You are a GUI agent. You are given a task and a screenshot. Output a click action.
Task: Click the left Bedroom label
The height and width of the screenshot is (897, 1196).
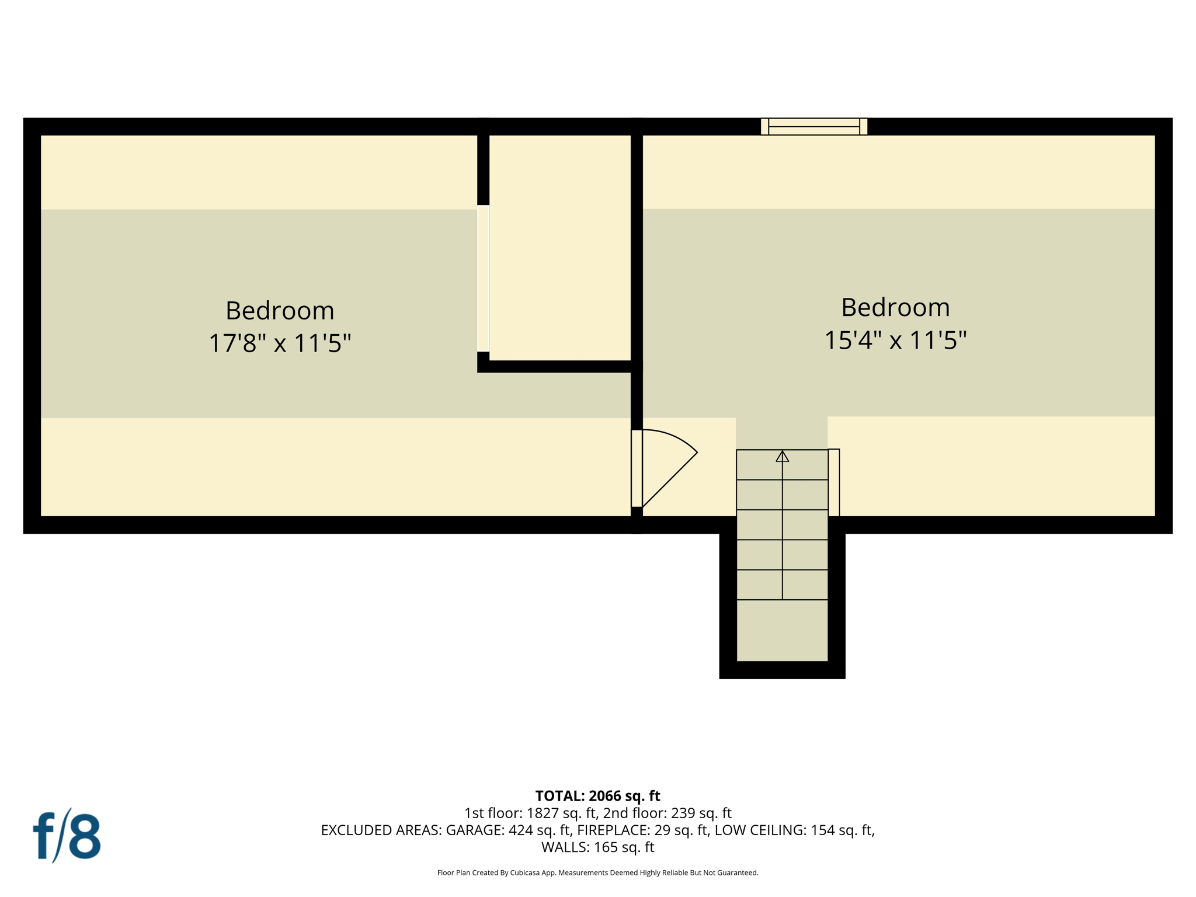coord(280,310)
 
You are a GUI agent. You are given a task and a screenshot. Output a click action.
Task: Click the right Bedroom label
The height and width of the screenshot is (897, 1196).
coord(895,307)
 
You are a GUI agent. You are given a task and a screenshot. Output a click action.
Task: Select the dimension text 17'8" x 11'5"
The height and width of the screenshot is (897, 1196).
coord(280,343)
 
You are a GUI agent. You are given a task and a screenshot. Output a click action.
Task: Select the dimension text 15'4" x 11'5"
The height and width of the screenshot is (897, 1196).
coord(895,340)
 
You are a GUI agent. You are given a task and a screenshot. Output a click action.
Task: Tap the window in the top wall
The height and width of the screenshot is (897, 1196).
coord(813,126)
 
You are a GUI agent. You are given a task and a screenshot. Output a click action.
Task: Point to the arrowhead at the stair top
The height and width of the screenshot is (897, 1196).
coord(782,457)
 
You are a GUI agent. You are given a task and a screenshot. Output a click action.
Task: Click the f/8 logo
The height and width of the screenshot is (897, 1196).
coord(67,836)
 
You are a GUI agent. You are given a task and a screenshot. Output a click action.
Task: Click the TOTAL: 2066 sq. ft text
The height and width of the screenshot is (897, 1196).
coord(597,796)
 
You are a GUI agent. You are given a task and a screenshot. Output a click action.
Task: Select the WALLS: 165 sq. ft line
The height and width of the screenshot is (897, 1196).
coord(597,847)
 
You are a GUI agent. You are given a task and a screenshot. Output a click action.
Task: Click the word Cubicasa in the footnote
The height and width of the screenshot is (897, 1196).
coord(524,872)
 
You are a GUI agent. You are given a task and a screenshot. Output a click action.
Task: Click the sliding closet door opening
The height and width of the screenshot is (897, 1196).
coord(483,278)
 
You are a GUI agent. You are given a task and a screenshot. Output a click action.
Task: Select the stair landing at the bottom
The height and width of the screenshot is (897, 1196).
coord(782,630)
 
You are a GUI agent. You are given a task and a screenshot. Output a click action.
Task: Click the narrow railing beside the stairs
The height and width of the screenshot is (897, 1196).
coord(834,482)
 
